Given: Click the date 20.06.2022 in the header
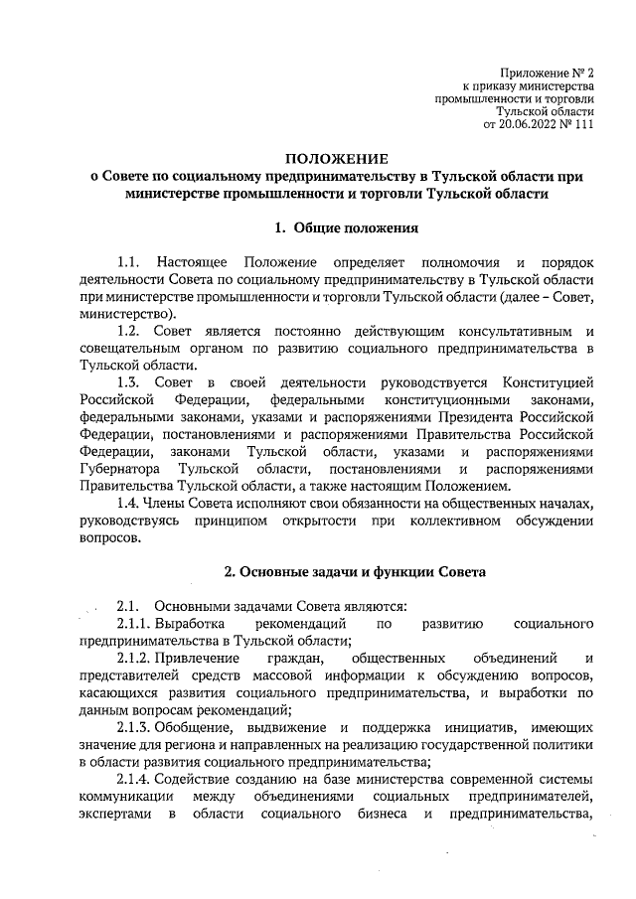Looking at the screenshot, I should tap(537, 126).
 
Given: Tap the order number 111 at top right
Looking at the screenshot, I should tap(584, 126).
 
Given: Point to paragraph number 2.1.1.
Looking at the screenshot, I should tap(135, 624).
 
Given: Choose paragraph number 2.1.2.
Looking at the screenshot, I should tap(135, 660).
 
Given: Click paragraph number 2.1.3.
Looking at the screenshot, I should tap(135, 727).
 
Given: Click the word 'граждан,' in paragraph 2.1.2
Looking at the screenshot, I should tap(294, 660).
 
